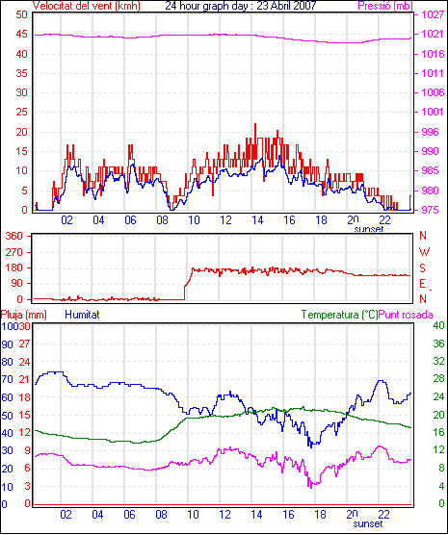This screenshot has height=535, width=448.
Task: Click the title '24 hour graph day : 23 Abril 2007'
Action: point(241,6)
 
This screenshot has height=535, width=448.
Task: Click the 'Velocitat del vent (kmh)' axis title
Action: point(87,6)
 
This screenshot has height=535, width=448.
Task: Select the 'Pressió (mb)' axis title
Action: point(385,6)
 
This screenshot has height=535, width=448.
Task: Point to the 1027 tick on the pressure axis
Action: point(433,14)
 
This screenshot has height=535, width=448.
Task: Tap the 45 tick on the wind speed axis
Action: point(21,35)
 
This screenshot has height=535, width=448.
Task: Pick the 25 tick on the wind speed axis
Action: point(21,112)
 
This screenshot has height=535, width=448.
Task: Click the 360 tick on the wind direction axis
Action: point(14,236)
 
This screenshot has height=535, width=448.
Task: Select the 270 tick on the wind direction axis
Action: point(14,252)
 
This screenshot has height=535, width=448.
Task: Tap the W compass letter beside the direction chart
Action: point(424,252)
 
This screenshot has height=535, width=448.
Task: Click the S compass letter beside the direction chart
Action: point(423,268)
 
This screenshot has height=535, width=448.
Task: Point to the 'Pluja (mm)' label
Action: point(23,315)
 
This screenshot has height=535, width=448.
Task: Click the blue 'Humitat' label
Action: point(82,315)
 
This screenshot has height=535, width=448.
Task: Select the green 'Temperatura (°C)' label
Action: point(340,315)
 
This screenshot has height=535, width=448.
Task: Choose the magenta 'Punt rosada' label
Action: point(406,315)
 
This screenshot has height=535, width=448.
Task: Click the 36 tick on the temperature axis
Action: point(438,344)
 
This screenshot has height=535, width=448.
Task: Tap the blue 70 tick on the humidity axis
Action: point(7,379)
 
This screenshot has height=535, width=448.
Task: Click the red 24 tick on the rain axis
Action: point(24,362)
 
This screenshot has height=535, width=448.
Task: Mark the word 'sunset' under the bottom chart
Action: point(368,523)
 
